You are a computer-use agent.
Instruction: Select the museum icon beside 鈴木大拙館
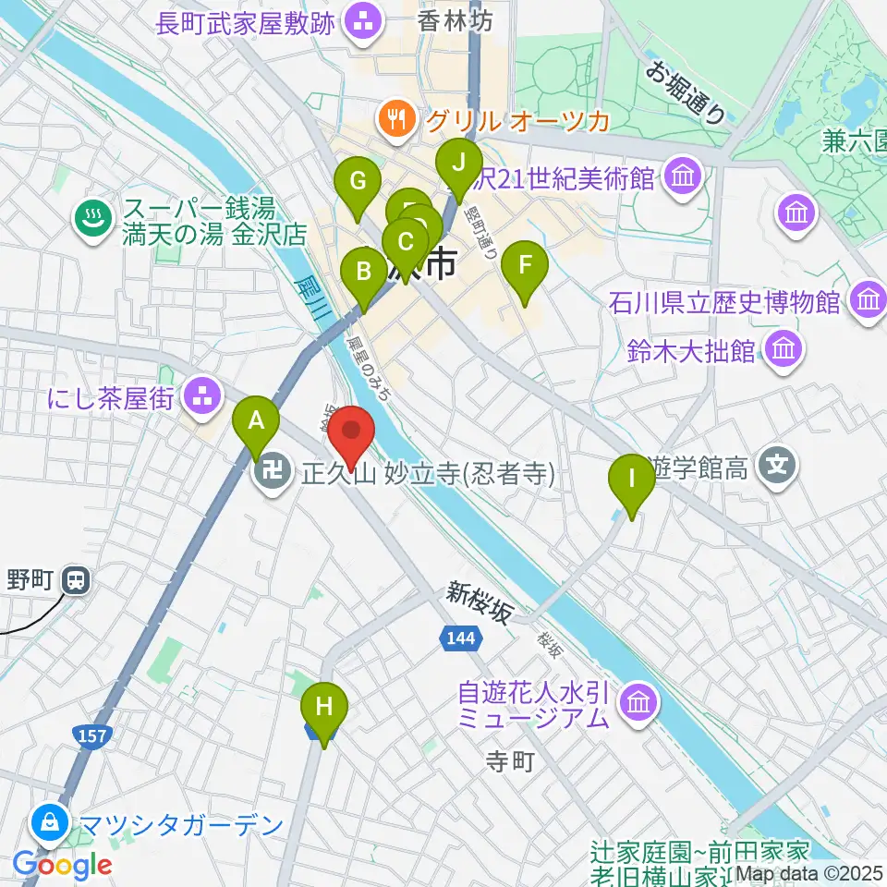(x=783, y=350)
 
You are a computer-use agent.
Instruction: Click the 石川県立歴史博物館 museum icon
(x=869, y=300)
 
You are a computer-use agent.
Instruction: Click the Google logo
(x=63, y=865)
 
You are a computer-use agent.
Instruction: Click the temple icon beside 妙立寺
(x=271, y=475)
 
